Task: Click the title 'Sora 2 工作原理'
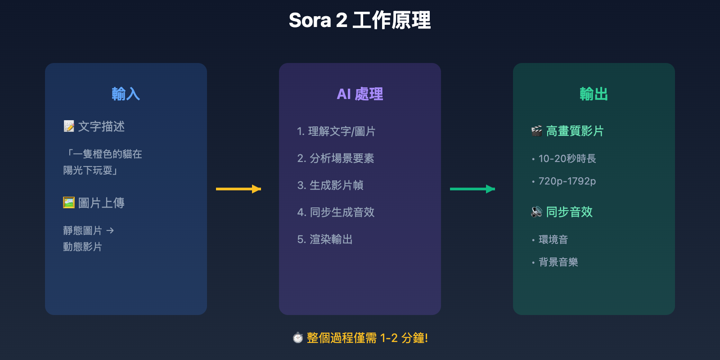click(x=360, y=20)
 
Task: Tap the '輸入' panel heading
click(x=126, y=94)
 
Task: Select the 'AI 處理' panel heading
click(x=360, y=94)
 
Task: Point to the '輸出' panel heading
click(x=594, y=94)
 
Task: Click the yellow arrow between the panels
click(x=238, y=189)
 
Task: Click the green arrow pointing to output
click(x=472, y=189)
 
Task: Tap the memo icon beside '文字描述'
click(x=69, y=126)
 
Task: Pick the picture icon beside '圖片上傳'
click(x=69, y=203)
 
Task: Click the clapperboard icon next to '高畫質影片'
click(x=536, y=131)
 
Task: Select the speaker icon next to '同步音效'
click(x=536, y=212)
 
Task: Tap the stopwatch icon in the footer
click(x=297, y=338)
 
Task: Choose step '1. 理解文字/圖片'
click(x=336, y=131)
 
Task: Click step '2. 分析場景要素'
click(x=336, y=158)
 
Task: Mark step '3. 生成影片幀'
click(x=330, y=185)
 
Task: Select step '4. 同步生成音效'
click(x=336, y=212)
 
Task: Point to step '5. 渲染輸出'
click(x=325, y=239)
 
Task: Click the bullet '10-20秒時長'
click(x=567, y=158)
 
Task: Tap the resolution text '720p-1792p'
click(x=567, y=181)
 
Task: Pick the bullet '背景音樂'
click(x=558, y=262)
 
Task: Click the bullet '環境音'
click(x=553, y=239)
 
